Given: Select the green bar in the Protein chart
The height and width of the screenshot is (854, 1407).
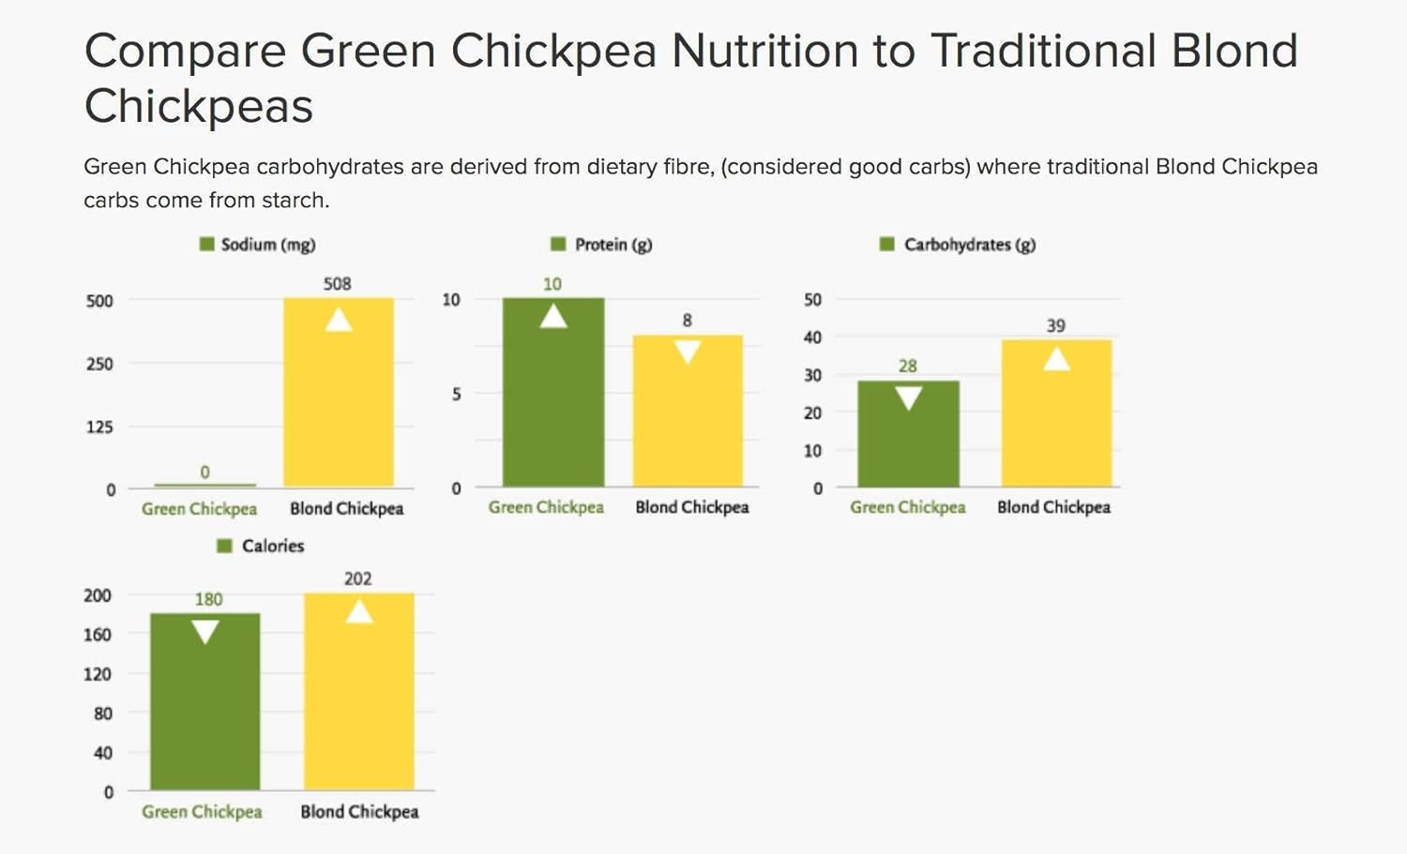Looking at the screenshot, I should coord(553,403).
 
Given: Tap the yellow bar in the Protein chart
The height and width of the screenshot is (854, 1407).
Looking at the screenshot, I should coord(688,422).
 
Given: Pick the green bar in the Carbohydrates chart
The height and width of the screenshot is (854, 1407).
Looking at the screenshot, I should coord(908,441).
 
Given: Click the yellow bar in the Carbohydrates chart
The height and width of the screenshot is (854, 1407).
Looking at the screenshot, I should coord(1056,422).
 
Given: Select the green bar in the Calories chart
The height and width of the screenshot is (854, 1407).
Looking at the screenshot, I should coord(205,712).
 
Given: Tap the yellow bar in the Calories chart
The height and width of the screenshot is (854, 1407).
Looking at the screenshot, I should coord(359,703).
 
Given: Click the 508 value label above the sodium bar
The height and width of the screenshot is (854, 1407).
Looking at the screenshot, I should coord(338,283).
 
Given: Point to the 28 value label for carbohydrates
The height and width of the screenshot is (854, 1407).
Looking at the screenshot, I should coord(907,366).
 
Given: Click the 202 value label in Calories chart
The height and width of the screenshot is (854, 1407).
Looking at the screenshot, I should coord(357,578).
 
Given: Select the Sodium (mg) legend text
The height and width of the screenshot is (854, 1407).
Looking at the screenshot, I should coord(268,245).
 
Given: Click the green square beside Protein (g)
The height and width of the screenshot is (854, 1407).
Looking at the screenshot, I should coord(558,245).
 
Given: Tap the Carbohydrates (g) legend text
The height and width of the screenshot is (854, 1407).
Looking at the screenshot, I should coord(970,245).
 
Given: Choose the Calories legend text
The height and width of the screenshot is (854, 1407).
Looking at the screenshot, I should coord(273,546).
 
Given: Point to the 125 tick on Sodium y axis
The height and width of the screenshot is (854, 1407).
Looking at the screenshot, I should coord(99,427).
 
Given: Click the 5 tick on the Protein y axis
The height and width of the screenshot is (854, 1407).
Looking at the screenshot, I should coord(456,395).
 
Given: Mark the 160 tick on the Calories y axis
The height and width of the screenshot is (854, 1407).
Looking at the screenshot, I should coord(98,635).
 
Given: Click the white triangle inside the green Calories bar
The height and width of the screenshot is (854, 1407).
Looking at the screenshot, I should coord(205,632).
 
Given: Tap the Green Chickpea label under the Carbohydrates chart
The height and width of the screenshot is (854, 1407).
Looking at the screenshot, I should coord(907,507).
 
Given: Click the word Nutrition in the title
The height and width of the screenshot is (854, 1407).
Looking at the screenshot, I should coord(764,51).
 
